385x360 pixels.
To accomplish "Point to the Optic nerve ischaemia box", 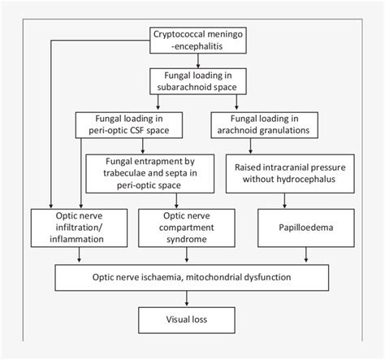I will coord(192,276).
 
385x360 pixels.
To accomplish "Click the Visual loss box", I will coord(192,319).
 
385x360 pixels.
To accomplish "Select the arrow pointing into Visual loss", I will coord(192,299).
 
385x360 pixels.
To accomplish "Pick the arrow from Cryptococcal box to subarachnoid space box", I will coord(192,60).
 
